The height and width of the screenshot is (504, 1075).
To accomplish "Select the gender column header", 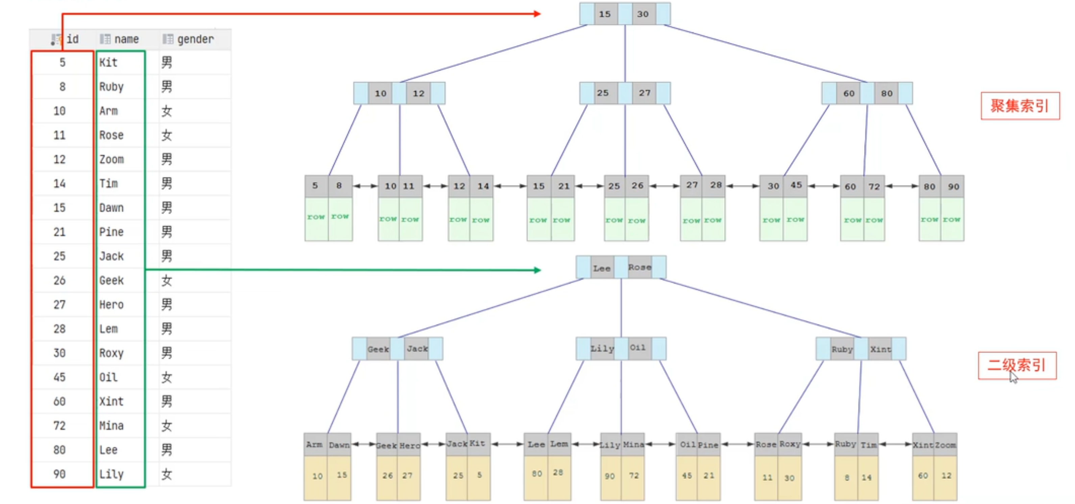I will pyautogui.click(x=195, y=39).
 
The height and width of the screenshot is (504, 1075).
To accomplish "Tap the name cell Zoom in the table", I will pyautogui.click(x=112, y=159).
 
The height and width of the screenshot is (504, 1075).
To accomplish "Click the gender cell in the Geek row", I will pyautogui.click(x=167, y=280).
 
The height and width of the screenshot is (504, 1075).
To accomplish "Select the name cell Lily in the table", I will pyautogui.click(x=112, y=474).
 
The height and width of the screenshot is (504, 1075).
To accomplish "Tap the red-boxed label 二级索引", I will pyautogui.click(x=1017, y=365).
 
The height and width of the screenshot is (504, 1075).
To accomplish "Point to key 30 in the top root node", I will pyautogui.click(x=643, y=14).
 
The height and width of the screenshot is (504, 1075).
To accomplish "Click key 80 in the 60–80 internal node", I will pyautogui.click(x=887, y=93).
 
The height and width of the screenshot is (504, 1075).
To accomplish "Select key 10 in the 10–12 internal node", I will pyautogui.click(x=380, y=93).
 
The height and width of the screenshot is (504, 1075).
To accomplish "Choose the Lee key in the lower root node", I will pyautogui.click(x=602, y=268).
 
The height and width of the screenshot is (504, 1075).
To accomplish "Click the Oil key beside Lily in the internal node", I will pyautogui.click(x=638, y=348).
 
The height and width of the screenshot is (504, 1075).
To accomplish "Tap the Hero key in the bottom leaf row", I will pyautogui.click(x=409, y=445).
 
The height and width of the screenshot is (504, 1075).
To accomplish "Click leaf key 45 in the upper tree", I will pyautogui.click(x=796, y=185).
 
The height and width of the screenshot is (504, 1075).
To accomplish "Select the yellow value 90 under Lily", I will pyautogui.click(x=610, y=476).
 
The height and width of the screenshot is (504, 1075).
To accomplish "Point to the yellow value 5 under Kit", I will pyautogui.click(x=479, y=475).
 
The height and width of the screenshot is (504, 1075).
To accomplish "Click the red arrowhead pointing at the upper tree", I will pyautogui.click(x=537, y=14).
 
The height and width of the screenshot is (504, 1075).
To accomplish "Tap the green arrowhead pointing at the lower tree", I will pyautogui.click(x=537, y=270).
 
